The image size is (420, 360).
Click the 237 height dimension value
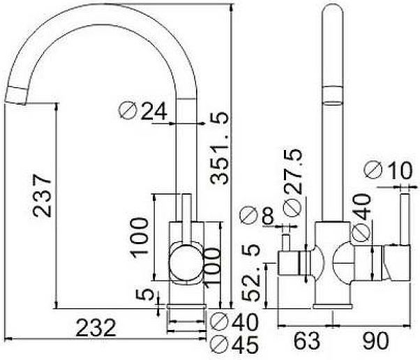[42, 195]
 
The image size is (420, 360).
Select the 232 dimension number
[96, 328]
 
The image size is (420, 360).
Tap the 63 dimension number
[307, 340]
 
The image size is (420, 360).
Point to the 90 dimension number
[375, 340]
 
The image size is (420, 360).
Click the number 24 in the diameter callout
[154, 111]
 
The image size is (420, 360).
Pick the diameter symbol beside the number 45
[219, 345]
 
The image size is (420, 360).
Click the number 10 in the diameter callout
[400, 170]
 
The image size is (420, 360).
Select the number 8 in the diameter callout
[268, 216]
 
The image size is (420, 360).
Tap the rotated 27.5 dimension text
[293, 172]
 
